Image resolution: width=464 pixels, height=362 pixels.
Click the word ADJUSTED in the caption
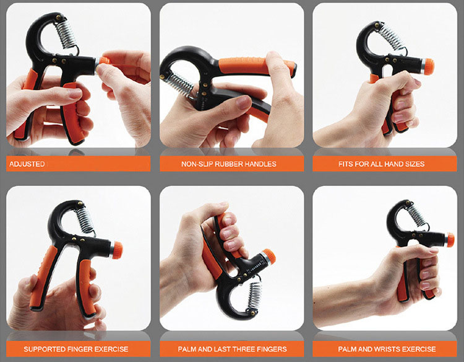(x=26, y=164)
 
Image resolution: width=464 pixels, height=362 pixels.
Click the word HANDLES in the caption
(x=262, y=164)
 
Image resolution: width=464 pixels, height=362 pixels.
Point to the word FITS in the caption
(x=348, y=164)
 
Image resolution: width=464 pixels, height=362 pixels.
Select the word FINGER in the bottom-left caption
(x=84, y=349)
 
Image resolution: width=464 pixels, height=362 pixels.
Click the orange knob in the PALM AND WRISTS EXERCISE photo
(x=449, y=239)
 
